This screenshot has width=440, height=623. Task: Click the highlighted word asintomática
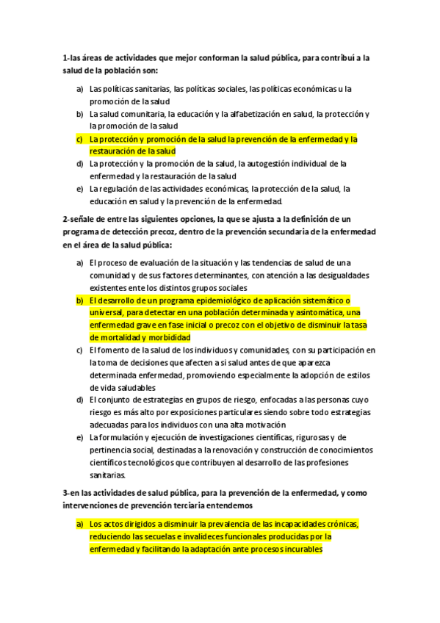[315, 313]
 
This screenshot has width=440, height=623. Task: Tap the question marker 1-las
[72, 58]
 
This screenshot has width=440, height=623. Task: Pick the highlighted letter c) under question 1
[79, 138]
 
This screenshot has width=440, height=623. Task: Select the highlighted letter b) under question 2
[79, 300]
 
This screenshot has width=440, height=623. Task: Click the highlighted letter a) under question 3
[79, 524]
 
